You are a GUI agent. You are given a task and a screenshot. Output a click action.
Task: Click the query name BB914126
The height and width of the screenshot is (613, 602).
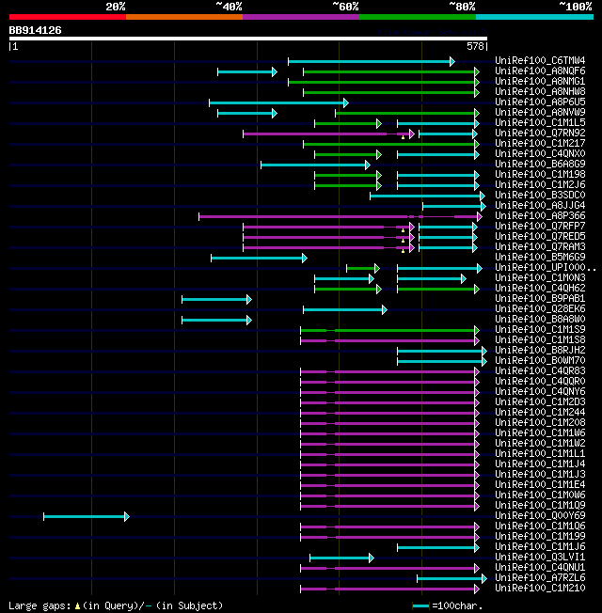(36, 30)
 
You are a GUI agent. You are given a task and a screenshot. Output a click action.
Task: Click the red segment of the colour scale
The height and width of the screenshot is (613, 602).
(67, 16)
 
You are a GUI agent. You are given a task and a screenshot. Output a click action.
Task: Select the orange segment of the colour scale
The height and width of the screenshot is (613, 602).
(183, 16)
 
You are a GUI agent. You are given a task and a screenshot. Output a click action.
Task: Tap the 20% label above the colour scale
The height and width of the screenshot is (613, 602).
(115, 7)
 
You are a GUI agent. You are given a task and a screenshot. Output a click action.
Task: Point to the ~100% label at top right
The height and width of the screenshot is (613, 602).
(575, 7)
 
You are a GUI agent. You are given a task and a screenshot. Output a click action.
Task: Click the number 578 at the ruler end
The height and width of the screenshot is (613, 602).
(475, 45)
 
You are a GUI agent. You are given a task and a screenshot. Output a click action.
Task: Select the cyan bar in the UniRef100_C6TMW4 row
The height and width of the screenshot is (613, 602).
(370, 61)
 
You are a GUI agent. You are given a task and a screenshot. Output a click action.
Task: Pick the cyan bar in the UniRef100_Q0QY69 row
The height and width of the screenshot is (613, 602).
(85, 516)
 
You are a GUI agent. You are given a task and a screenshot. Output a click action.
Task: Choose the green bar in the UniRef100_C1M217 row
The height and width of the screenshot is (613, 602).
(389, 144)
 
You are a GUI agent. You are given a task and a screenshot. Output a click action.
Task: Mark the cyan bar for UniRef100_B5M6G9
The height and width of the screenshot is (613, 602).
(258, 258)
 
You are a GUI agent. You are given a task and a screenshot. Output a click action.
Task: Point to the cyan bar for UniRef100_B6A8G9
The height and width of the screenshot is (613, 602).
(314, 165)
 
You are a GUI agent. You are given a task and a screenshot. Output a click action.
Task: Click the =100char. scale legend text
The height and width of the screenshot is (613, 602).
(457, 605)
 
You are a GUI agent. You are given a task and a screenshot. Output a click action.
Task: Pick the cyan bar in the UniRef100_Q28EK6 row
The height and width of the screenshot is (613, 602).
(343, 309)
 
